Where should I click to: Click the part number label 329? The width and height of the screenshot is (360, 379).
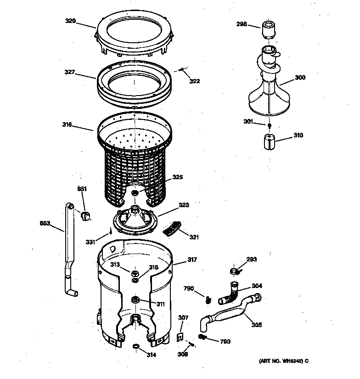coord(70,21)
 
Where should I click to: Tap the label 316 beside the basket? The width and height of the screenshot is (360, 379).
coord(67,124)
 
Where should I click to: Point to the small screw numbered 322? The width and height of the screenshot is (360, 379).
coord(182,70)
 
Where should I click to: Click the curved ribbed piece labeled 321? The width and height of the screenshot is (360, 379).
coord(172,228)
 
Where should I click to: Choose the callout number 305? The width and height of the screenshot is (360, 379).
coord(256,325)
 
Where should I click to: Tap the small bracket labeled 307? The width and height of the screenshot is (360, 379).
coord(181,337)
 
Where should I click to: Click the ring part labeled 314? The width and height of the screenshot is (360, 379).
coord(135,345)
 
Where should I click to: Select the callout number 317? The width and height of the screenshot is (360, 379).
coord(191,260)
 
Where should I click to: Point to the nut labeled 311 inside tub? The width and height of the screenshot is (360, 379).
coord(135,300)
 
